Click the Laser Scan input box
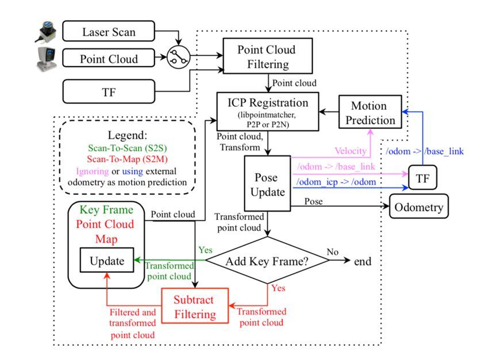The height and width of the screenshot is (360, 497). pyautogui.click(x=109, y=31)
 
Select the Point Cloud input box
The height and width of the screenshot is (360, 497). pyautogui.click(x=109, y=58)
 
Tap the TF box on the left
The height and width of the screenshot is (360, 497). pyautogui.click(x=109, y=91)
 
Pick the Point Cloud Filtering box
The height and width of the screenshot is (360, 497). pyautogui.click(x=267, y=56)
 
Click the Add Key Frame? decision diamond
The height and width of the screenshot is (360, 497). pyautogui.click(x=268, y=261)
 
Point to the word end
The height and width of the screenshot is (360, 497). pyautogui.click(x=363, y=261)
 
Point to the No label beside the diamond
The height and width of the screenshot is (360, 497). pyautogui.click(x=332, y=251)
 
